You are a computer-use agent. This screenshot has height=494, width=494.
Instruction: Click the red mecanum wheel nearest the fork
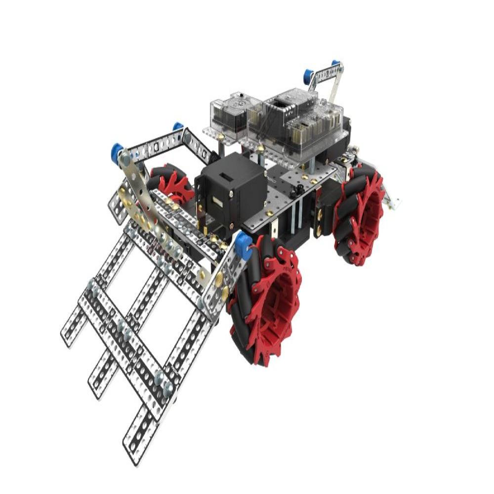coord(264,301)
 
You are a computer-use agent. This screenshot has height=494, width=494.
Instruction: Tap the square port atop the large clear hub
coord(281,103)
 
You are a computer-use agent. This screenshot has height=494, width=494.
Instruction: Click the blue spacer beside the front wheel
coord(243,246)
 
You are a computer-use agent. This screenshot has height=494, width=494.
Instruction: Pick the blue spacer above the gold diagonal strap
coord(118,149)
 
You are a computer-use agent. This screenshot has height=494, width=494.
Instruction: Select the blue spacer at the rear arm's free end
coord(308,76)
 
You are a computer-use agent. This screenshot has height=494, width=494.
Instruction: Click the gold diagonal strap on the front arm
coord(148,207)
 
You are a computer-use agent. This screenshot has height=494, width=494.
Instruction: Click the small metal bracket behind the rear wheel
coord(393,200)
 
